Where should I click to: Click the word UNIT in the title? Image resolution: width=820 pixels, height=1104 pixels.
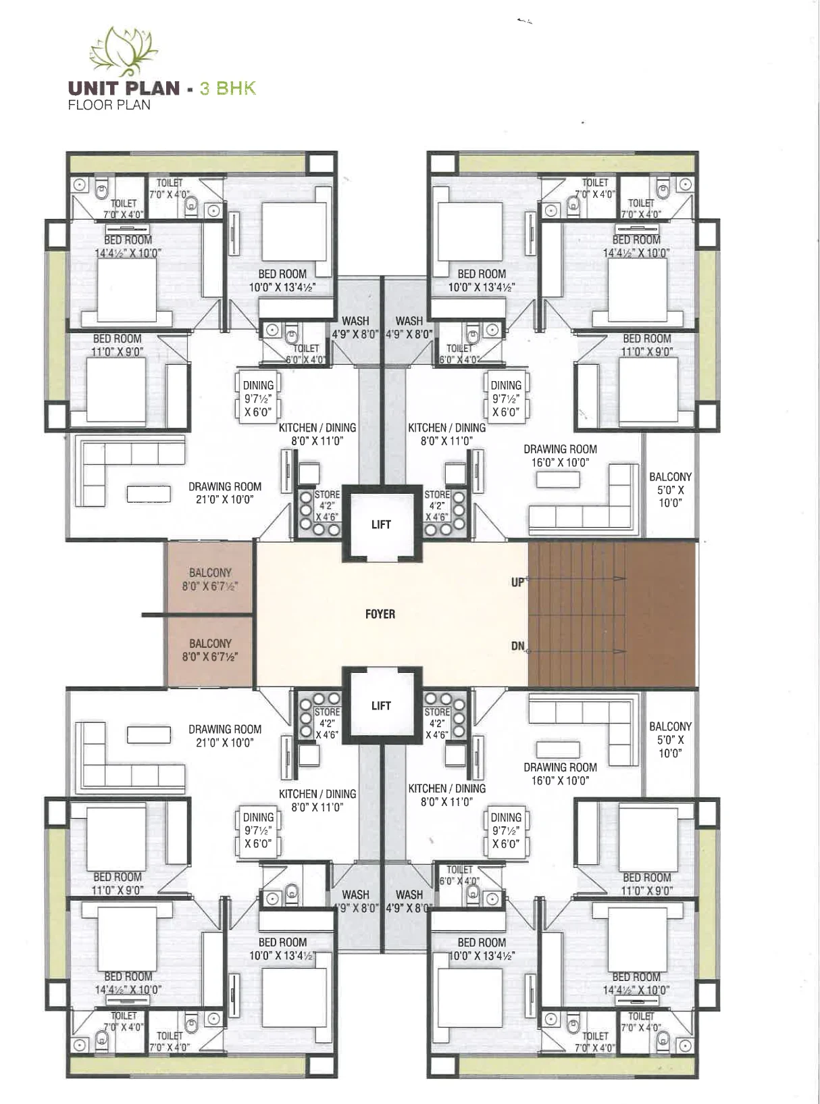[93, 88]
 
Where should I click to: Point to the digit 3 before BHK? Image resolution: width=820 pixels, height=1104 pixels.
[205, 88]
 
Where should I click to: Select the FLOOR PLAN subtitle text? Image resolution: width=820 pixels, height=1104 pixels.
[109, 105]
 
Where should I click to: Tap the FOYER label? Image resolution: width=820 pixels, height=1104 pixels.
[380, 614]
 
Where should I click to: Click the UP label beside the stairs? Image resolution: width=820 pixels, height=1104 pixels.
[517, 582]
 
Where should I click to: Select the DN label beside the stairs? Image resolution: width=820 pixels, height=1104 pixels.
[517, 646]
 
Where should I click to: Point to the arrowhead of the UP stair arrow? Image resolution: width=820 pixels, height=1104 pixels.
[620, 578]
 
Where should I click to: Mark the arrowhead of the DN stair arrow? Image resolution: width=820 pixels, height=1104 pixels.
[620, 651]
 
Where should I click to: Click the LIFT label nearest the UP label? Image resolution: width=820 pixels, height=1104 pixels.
[381, 524]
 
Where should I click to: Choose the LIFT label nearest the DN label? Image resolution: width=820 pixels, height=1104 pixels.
[381, 705]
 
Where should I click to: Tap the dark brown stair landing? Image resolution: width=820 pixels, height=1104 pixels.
[660, 614]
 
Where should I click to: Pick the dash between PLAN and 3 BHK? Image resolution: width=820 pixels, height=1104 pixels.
[190, 90]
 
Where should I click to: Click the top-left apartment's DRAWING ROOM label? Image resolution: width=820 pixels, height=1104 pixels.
[225, 486]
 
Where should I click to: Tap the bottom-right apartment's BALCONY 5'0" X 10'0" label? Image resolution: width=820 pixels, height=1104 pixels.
[670, 740]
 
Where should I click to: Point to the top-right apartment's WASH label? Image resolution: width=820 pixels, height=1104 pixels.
[409, 321]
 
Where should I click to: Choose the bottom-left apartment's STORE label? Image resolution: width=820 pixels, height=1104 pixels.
[327, 712]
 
